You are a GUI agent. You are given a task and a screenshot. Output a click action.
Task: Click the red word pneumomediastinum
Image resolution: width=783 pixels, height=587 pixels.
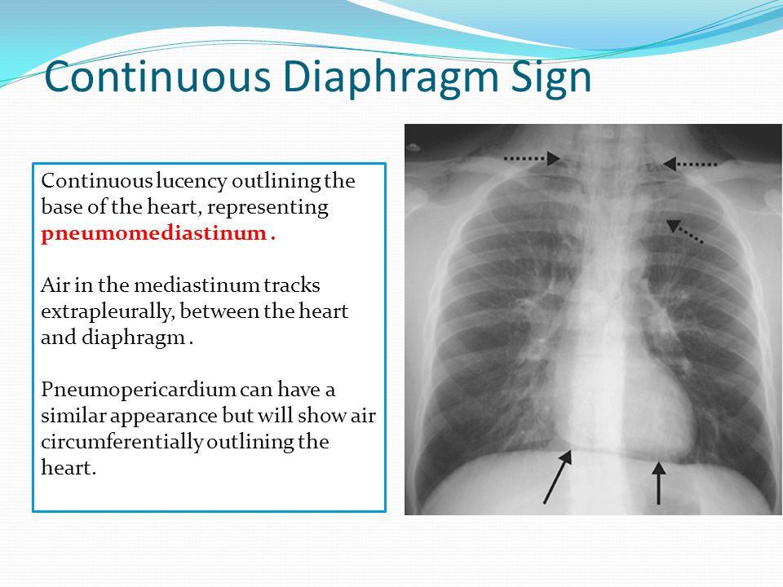154,235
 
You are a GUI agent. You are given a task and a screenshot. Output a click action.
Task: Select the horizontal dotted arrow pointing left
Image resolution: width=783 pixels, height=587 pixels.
690,164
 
